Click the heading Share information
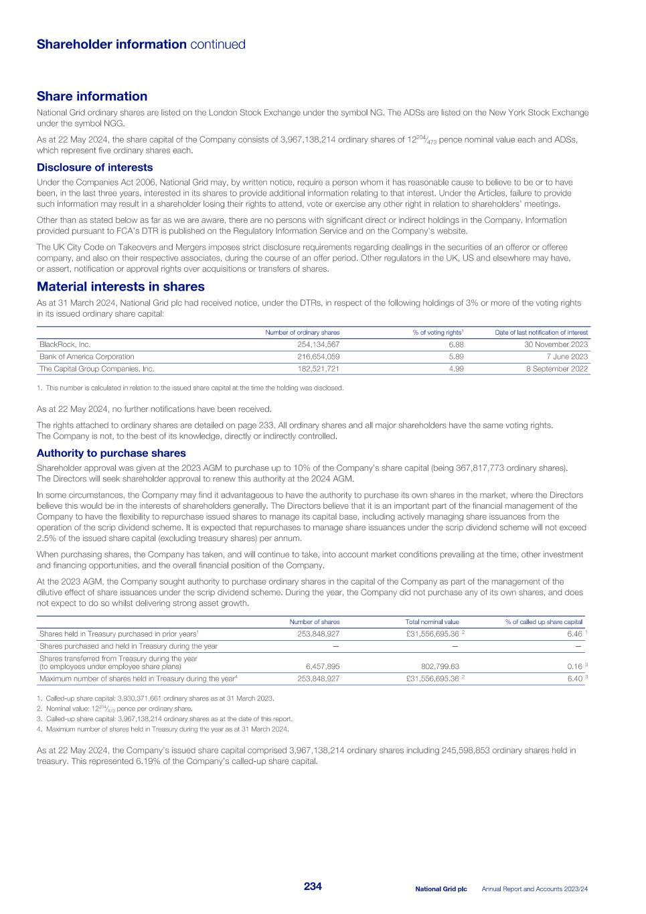point(92,96)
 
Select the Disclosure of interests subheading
point(94,167)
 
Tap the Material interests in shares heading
point(120,287)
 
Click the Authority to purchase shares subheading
point(111,453)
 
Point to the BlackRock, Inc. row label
point(65,344)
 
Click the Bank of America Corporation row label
point(86,356)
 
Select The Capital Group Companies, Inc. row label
point(96,368)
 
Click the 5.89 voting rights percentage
point(456,356)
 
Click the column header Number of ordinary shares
point(302,332)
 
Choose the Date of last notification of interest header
point(541,332)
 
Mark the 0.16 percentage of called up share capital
point(574,666)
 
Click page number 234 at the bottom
point(313,887)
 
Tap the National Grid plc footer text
point(440,889)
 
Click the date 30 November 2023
point(556,344)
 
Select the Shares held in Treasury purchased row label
point(118,633)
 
